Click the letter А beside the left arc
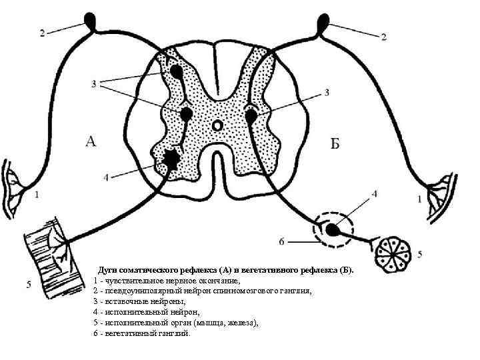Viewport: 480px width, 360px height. pyautogui.click(x=92, y=141)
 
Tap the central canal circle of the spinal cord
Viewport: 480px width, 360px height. pyautogui.click(x=217, y=125)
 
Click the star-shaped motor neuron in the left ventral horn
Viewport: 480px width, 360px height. pyautogui.click(x=171, y=159)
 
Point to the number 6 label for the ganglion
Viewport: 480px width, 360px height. pyautogui.click(x=283, y=241)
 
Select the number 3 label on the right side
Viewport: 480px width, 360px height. pyautogui.click(x=327, y=93)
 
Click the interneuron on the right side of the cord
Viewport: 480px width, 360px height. pyautogui.click(x=251, y=116)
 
